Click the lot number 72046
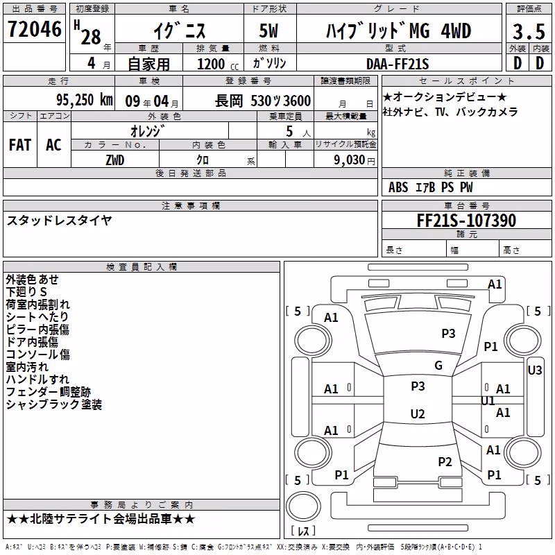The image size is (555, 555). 34,28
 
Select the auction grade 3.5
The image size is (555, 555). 529,31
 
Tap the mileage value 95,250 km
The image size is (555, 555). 84,100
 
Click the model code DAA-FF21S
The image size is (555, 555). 398,64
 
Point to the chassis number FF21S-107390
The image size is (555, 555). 466,220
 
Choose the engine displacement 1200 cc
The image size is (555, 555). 218,64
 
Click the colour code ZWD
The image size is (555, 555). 114,160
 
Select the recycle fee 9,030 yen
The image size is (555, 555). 355,160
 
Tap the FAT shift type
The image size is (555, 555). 20,144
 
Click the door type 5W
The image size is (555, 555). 268,31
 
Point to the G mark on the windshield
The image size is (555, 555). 438,365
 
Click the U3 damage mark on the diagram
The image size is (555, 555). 534,370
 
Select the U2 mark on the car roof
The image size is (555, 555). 418,413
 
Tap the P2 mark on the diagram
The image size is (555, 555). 445,461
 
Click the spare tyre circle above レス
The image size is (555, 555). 303,506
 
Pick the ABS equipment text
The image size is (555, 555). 398,187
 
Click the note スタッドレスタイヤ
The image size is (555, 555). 59,221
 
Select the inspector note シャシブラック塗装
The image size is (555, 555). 54,404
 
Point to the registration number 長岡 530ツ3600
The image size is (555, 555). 263,101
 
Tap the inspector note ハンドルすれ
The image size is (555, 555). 37,379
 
